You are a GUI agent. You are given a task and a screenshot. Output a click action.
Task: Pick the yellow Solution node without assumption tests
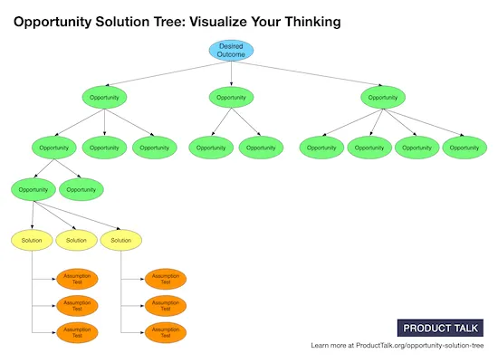[x=77, y=240]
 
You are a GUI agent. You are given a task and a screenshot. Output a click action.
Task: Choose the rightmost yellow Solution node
[x=121, y=240]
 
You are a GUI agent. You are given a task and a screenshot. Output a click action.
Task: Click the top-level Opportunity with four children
[x=384, y=96]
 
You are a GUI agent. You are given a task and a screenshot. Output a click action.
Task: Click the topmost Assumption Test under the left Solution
[x=77, y=279]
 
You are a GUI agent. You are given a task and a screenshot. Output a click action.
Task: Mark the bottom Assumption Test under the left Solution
[x=77, y=332]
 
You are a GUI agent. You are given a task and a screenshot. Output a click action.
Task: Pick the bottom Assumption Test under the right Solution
[x=165, y=332]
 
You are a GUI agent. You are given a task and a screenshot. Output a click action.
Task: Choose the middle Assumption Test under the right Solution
[x=165, y=306]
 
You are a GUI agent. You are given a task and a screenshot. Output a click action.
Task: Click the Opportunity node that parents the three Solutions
[x=33, y=190]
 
